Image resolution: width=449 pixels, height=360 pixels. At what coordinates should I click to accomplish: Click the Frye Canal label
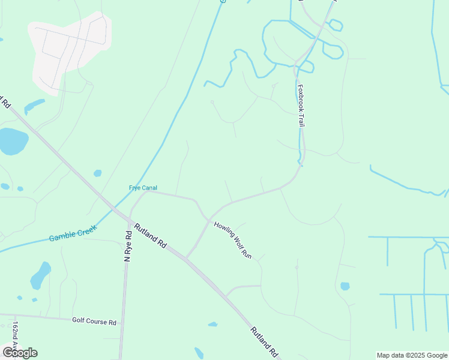pos(143,187)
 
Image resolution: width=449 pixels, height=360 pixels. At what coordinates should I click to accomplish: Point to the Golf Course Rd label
pos(94,322)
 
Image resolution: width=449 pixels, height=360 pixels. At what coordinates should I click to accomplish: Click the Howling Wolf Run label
pos(232,241)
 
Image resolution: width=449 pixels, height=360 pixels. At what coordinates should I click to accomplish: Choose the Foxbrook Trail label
pos(301,104)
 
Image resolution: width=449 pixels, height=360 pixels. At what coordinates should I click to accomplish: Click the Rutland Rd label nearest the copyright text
pos(265,342)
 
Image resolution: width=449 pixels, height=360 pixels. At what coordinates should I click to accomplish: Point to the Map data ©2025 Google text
pos(412,355)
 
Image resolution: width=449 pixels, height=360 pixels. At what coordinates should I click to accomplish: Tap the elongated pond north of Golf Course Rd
pos(40,275)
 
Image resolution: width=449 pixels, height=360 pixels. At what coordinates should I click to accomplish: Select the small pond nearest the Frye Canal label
pos(97,173)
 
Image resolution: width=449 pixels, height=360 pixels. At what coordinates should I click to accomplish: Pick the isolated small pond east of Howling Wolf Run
pos(345,286)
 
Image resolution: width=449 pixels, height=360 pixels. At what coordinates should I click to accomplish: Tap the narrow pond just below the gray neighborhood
pos(34,106)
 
